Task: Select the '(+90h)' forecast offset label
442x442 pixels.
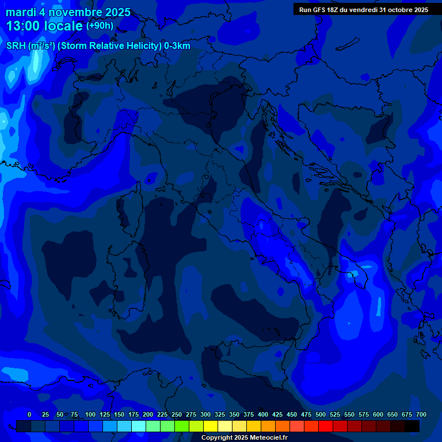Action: click(x=100, y=26)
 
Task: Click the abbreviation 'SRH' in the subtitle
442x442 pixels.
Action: click(x=16, y=45)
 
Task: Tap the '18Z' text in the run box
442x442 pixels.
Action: click(x=336, y=10)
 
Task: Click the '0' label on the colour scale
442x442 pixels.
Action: click(x=29, y=414)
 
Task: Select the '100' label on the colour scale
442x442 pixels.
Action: click(x=90, y=414)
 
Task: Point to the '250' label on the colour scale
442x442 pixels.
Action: click(x=177, y=414)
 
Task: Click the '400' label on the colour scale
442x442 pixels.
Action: click(x=263, y=414)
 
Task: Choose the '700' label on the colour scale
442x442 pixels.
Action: click(x=421, y=414)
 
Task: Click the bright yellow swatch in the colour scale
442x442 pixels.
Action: click(x=211, y=426)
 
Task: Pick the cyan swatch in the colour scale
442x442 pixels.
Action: click(x=139, y=426)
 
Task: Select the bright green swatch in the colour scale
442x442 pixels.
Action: click(x=182, y=426)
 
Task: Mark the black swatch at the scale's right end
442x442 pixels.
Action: click(x=412, y=426)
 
